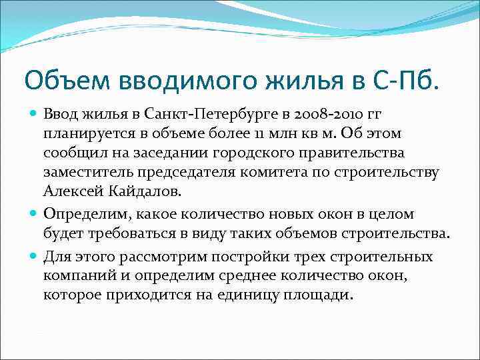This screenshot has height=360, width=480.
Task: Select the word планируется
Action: click(x=86, y=133)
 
